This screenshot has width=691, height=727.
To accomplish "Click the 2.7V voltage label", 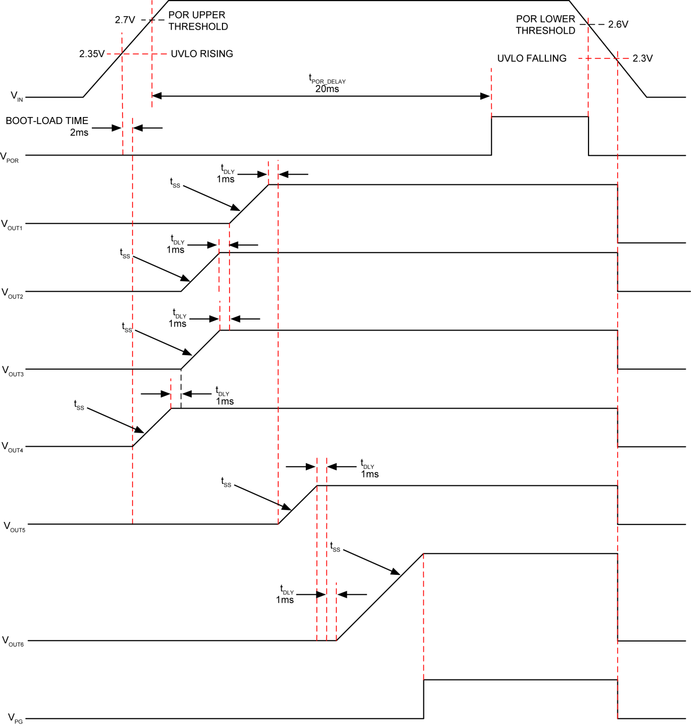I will pos(125,20).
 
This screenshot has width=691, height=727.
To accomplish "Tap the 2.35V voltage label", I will pos(92,54).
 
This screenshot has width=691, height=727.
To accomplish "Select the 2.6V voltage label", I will pos(618,24).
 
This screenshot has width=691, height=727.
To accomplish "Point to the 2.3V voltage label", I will pos(642,58).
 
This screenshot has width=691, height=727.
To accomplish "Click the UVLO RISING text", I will pos(202,54).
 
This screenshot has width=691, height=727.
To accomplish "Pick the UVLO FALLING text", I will pos(532,58).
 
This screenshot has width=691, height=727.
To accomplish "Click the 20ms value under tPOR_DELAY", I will pos(327,89).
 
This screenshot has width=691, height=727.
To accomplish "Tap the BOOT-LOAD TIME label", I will pos(47,121).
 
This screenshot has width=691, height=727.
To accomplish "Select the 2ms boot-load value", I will pos(79,133).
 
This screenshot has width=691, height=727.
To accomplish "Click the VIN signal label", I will pos(17,96).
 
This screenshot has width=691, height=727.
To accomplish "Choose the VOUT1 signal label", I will pos(12,225).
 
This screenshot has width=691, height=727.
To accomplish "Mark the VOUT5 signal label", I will pos(14,527).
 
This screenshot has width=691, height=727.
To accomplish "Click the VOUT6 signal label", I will pos(13,641).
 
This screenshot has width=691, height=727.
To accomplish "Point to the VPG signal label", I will pos(15,718).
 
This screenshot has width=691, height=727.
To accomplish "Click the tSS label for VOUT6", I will pos(335,547).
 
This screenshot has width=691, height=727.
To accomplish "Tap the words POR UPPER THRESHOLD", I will pos(198,21).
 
